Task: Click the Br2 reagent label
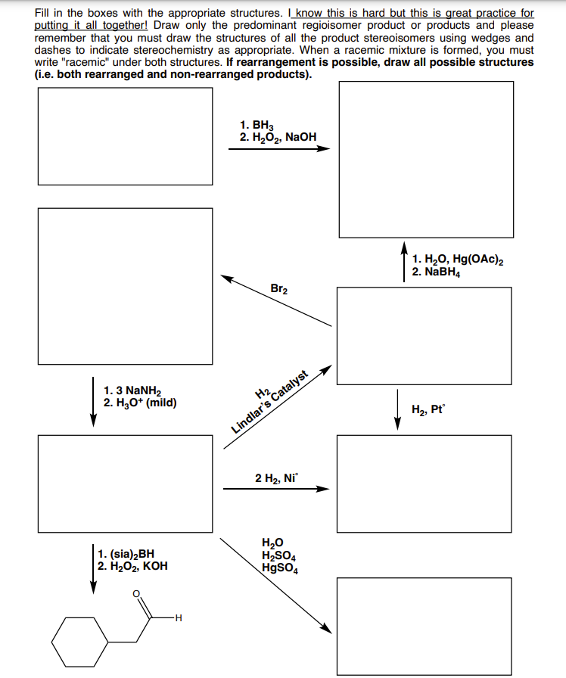click(x=278, y=288)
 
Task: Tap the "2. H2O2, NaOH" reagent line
click(x=278, y=137)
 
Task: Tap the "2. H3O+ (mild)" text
click(x=140, y=403)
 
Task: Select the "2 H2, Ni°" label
click(x=278, y=477)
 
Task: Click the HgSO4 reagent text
click(x=279, y=568)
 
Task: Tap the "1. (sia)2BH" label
click(x=126, y=553)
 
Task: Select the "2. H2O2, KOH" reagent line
click(x=132, y=565)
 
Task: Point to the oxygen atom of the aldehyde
click(x=137, y=594)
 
